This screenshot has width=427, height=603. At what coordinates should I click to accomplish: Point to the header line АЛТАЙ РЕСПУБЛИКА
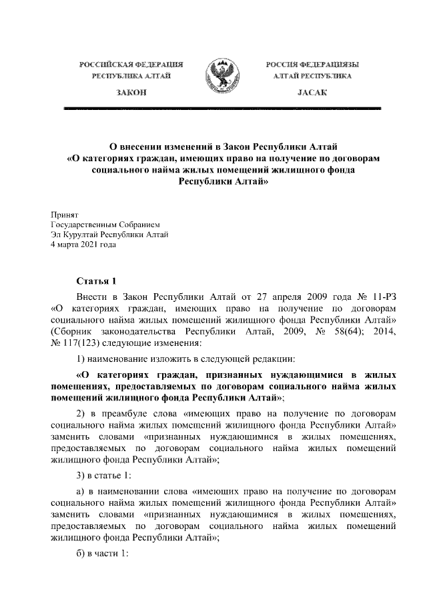313,77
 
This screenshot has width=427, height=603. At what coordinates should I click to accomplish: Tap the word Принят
65,216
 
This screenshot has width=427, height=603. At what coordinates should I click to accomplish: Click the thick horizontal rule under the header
222,107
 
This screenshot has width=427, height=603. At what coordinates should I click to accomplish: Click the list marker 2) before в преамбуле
82,414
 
